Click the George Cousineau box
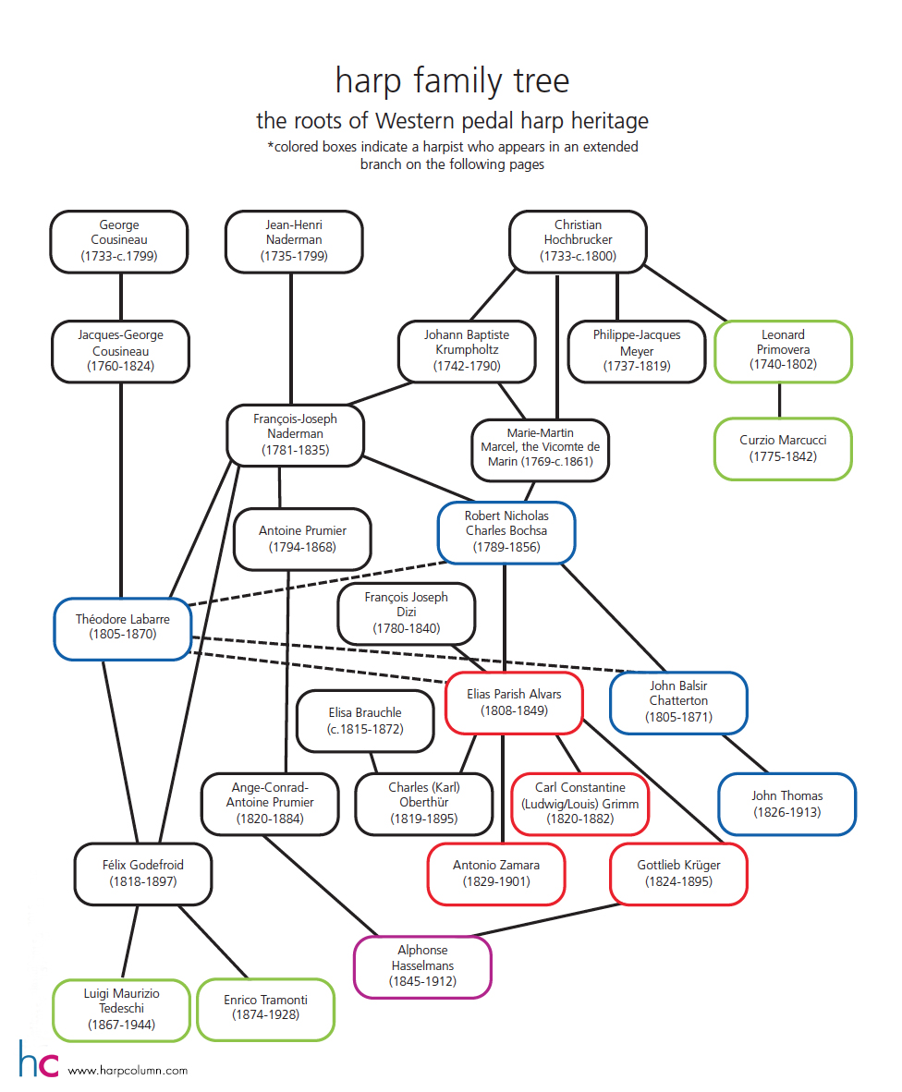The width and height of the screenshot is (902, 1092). click(x=119, y=241)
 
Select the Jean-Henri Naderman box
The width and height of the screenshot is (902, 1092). click(x=294, y=241)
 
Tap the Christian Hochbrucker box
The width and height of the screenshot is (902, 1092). click(x=579, y=241)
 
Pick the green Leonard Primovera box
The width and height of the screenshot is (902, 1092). click(x=783, y=351)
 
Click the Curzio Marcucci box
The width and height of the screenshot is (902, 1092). click(x=783, y=448)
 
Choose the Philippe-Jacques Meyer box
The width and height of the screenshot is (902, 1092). click(x=637, y=351)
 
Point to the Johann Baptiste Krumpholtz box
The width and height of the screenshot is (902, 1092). click(x=467, y=351)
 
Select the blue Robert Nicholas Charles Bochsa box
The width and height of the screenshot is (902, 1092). click(x=506, y=532)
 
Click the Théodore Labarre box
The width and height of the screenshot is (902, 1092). click(x=123, y=628)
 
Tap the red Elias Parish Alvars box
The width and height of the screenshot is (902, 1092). click(x=514, y=703)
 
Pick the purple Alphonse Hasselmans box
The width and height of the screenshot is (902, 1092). click(x=422, y=966)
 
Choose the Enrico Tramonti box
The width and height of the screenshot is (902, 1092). click(x=265, y=1009)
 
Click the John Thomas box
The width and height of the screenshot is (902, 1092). click(x=787, y=804)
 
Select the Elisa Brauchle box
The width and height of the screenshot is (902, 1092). click(x=365, y=721)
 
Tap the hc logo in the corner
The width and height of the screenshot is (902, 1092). click(x=39, y=1059)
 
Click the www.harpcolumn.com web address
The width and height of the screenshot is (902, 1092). click(x=128, y=1071)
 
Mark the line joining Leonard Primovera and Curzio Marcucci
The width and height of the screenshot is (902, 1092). click(x=779, y=400)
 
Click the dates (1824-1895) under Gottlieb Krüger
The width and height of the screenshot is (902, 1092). click(x=678, y=881)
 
